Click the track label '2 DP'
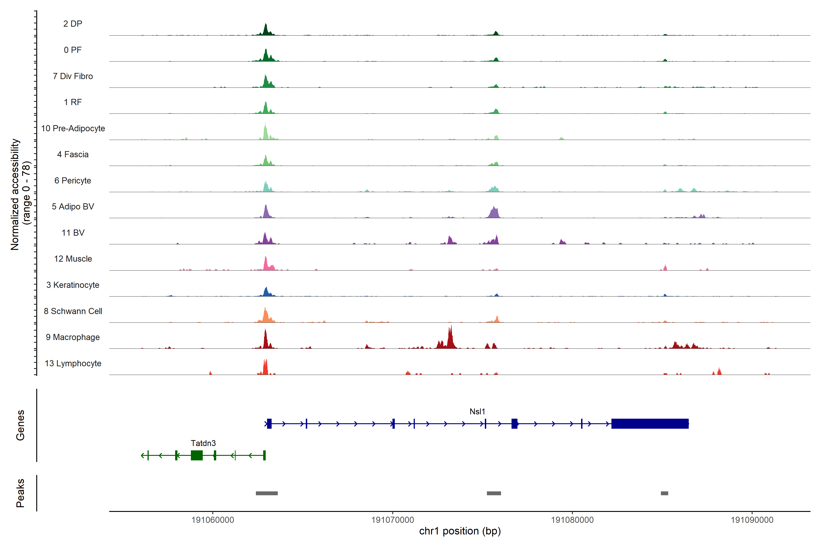[73, 24]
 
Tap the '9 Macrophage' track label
[73, 337]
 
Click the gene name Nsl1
[477, 412]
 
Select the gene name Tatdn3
[203, 443]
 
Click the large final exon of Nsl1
[650, 423]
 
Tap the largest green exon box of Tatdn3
[197, 455]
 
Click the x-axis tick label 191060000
[213, 520]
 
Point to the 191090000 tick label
[752, 520]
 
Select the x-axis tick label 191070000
[392, 520]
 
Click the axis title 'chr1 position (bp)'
[460, 531]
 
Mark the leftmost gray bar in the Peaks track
[267, 493]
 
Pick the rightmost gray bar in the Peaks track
[664, 493]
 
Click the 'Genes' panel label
[20, 425]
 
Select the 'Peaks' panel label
[20, 493]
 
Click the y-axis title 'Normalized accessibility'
[15, 194]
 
